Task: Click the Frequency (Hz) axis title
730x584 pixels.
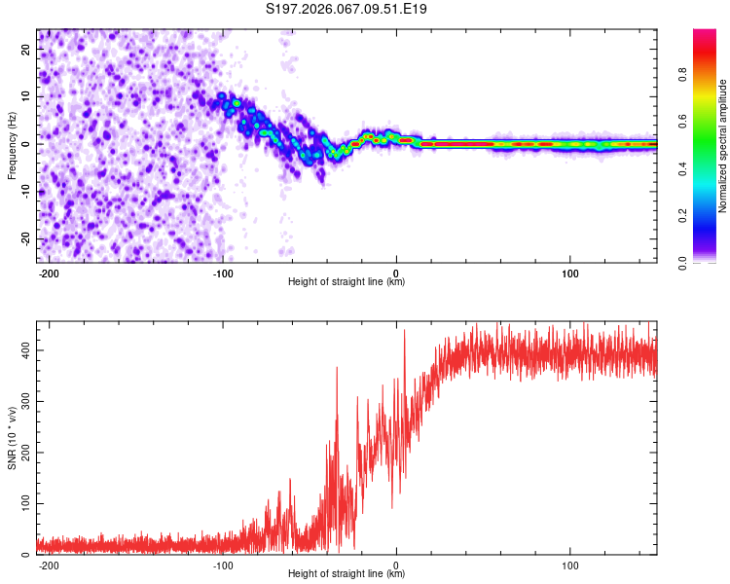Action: pyautogui.click(x=12, y=144)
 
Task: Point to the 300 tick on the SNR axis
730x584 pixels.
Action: pyautogui.click(x=23, y=400)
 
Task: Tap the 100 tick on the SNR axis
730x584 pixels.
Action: pyautogui.click(x=23, y=503)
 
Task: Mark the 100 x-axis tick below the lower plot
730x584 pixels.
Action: pyautogui.click(x=570, y=566)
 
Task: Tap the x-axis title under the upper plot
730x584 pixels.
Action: pyautogui.click(x=347, y=282)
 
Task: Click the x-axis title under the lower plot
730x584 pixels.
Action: pyautogui.click(x=347, y=574)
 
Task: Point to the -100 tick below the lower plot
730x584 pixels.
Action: pyautogui.click(x=222, y=566)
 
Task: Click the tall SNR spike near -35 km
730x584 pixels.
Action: pyautogui.click(x=337, y=368)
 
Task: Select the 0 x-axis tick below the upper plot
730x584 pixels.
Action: pyautogui.click(x=396, y=274)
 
